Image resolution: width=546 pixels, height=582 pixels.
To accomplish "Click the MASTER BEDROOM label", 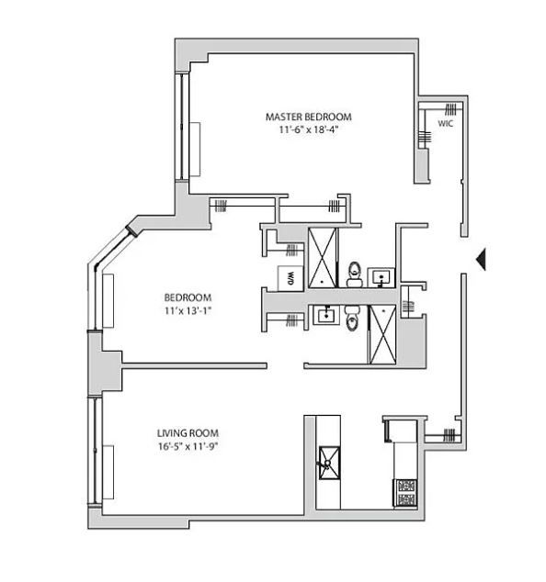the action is coord(308,117).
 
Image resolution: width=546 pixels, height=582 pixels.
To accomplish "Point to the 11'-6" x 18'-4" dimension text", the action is coord(309,130).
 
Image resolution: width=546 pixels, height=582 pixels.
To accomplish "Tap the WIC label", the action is coord(445,123).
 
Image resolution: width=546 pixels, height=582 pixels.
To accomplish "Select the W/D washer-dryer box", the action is coord(290,278).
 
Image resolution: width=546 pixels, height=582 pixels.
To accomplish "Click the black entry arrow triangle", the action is coord(482,260).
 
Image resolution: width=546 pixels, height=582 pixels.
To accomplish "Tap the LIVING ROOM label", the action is coord(188,433).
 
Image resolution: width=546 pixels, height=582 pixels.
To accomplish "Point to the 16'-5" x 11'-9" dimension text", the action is coord(188,446).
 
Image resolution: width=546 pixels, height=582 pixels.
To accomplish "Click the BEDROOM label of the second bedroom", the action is coord(188,297).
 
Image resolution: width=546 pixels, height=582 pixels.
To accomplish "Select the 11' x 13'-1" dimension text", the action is coord(188,310).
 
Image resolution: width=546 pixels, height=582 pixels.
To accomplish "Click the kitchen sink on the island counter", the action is coord(329,464).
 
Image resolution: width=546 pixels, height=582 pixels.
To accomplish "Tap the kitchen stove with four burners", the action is coord(406,493).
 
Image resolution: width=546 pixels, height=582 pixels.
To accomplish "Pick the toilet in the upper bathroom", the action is coord(355,274).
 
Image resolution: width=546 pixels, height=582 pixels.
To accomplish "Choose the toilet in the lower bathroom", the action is coord(352,319).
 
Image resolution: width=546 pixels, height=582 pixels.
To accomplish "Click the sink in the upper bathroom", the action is coord(381,277).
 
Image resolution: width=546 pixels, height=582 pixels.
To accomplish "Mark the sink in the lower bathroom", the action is coord(326,315).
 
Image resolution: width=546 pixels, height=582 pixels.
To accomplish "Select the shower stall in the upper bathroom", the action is coord(323,258).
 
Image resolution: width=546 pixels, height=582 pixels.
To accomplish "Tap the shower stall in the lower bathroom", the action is coord(382,334).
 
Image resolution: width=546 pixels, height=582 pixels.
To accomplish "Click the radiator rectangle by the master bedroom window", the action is coord(195,150).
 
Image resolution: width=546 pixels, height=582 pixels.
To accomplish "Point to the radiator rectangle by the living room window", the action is coord(108,473).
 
